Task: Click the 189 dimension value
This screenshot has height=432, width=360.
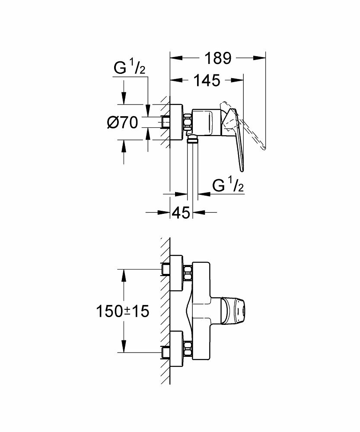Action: (219, 58)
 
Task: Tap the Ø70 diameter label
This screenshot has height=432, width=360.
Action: (122, 123)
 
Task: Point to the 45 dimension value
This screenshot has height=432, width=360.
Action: (181, 212)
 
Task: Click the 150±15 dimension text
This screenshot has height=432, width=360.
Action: (123, 311)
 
